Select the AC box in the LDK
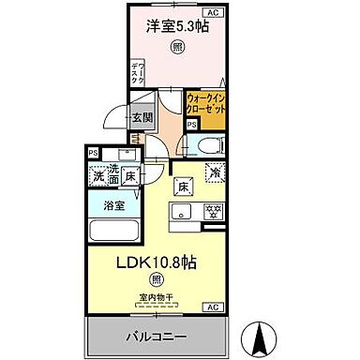[212, 306]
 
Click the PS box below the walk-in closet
[192, 123]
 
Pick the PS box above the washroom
[93, 153]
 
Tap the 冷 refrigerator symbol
[214, 172]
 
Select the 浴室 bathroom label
[112, 204]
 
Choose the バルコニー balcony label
[156, 335]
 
